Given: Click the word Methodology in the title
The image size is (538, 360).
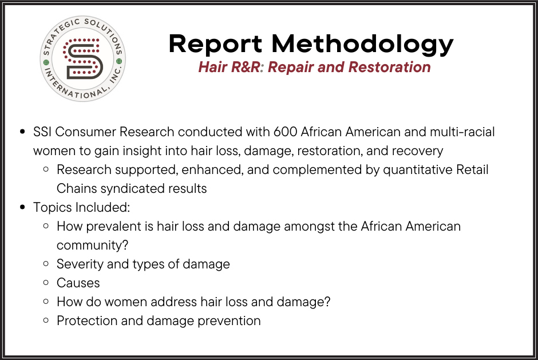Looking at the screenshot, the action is [362, 45].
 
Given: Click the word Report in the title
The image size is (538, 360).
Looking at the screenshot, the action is [215, 43].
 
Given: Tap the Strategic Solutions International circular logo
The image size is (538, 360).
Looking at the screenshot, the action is [82, 59].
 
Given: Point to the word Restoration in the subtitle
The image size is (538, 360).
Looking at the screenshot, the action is [389, 67].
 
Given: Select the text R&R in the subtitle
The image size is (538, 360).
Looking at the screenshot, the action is [246, 67].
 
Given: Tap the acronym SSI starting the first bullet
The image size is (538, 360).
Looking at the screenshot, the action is [42, 132].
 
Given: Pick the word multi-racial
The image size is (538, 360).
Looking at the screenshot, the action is [462, 132].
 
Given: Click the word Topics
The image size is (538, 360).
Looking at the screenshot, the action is [53, 208].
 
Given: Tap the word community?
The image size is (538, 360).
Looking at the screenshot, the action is [92, 246].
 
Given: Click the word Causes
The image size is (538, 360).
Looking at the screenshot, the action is [78, 283].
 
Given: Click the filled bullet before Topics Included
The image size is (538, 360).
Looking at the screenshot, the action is [23, 207].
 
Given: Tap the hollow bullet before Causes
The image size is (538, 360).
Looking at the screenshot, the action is [46, 282].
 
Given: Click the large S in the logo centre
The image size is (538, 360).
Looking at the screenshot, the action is [83, 59].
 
